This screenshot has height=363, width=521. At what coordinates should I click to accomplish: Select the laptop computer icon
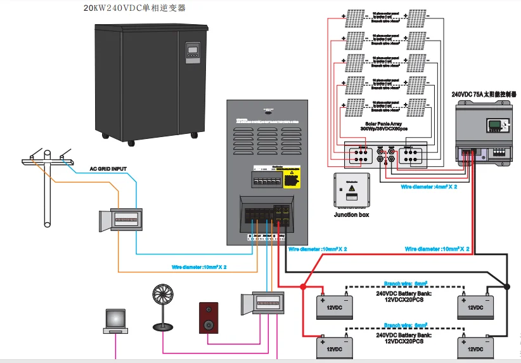115,321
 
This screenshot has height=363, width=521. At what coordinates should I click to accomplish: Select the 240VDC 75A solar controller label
486,94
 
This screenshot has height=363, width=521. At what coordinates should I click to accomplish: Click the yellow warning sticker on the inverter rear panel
291,177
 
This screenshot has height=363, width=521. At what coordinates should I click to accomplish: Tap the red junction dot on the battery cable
303,287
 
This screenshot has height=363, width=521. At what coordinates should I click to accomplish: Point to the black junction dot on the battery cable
507,287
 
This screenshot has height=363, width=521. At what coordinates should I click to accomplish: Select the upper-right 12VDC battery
476,307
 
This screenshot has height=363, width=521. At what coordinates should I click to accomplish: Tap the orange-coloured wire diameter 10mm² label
199,267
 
